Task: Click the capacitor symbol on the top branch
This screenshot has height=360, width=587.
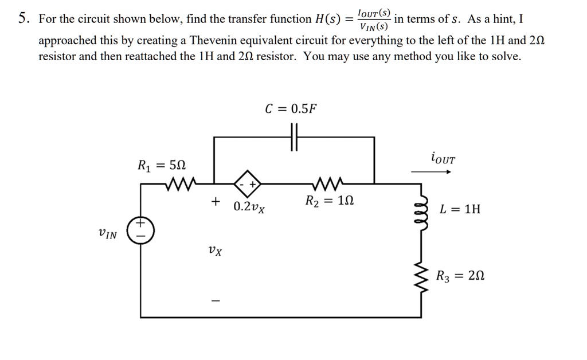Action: click(x=294, y=138)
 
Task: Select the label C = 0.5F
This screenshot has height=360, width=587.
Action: click(x=291, y=109)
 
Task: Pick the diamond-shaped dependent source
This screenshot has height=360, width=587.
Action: click(x=247, y=183)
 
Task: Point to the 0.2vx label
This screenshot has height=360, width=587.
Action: click(x=249, y=206)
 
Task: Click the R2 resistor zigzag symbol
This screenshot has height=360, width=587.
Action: click(x=328, y=183)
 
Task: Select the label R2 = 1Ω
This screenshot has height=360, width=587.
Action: click(x=330, y=201)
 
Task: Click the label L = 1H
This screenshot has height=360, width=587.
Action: click(x=460, y=209)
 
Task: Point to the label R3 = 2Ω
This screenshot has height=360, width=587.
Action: click(x=460, y=276)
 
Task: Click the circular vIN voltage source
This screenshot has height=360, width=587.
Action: click(x=140, y=230)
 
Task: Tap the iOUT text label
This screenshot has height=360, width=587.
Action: click(x=442, y=158)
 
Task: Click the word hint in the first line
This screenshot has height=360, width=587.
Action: click(x=503, y=19)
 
